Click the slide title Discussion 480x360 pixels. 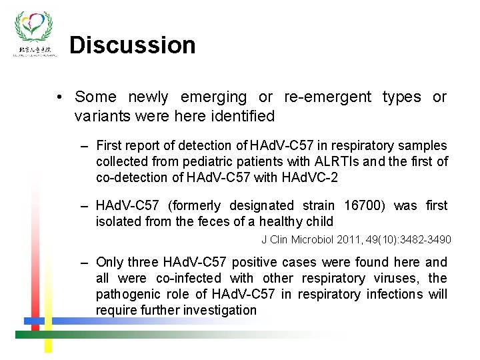[x=132, y=45]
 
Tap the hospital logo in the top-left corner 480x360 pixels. [x=35, y=33]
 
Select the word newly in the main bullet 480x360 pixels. [x=149, y=97]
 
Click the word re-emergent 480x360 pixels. [x=327, y=97]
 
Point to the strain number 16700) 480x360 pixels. [x=366, y=206]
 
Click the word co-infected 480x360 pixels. [x=189, y=279]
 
